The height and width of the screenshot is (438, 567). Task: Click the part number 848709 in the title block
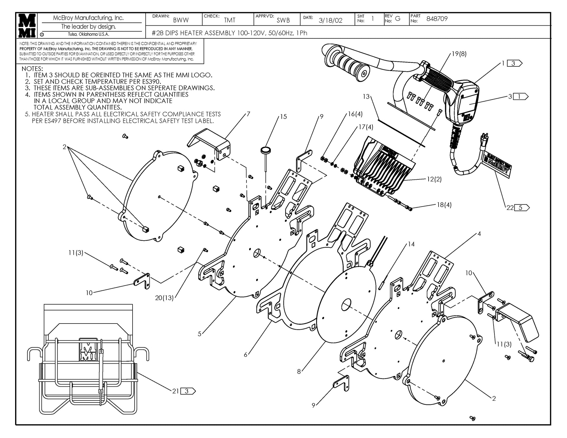coord(436,19)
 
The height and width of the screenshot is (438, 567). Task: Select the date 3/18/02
coord(330,20)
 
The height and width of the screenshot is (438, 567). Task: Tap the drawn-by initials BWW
coord(181,20)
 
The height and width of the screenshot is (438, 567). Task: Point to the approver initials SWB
coord(283,20)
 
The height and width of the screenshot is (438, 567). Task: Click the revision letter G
coord(397,19)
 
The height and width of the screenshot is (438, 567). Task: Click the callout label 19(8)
coord(459,54)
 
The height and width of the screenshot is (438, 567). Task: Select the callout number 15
coord(283,117)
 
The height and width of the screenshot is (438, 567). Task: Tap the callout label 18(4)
coord(444,205)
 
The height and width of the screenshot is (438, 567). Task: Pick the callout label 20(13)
coord(164,298)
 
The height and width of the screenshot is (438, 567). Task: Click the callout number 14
coord(411,244)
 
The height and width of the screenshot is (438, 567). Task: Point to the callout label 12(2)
coord(434,179)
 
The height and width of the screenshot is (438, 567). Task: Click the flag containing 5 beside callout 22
coord(522,208)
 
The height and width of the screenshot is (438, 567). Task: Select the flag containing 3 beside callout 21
coord(188,391)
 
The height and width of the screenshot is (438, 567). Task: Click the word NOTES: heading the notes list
coord(32,69)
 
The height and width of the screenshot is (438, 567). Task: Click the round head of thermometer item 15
coord(265,150)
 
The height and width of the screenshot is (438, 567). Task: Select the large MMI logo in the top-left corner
coord(27,25)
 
